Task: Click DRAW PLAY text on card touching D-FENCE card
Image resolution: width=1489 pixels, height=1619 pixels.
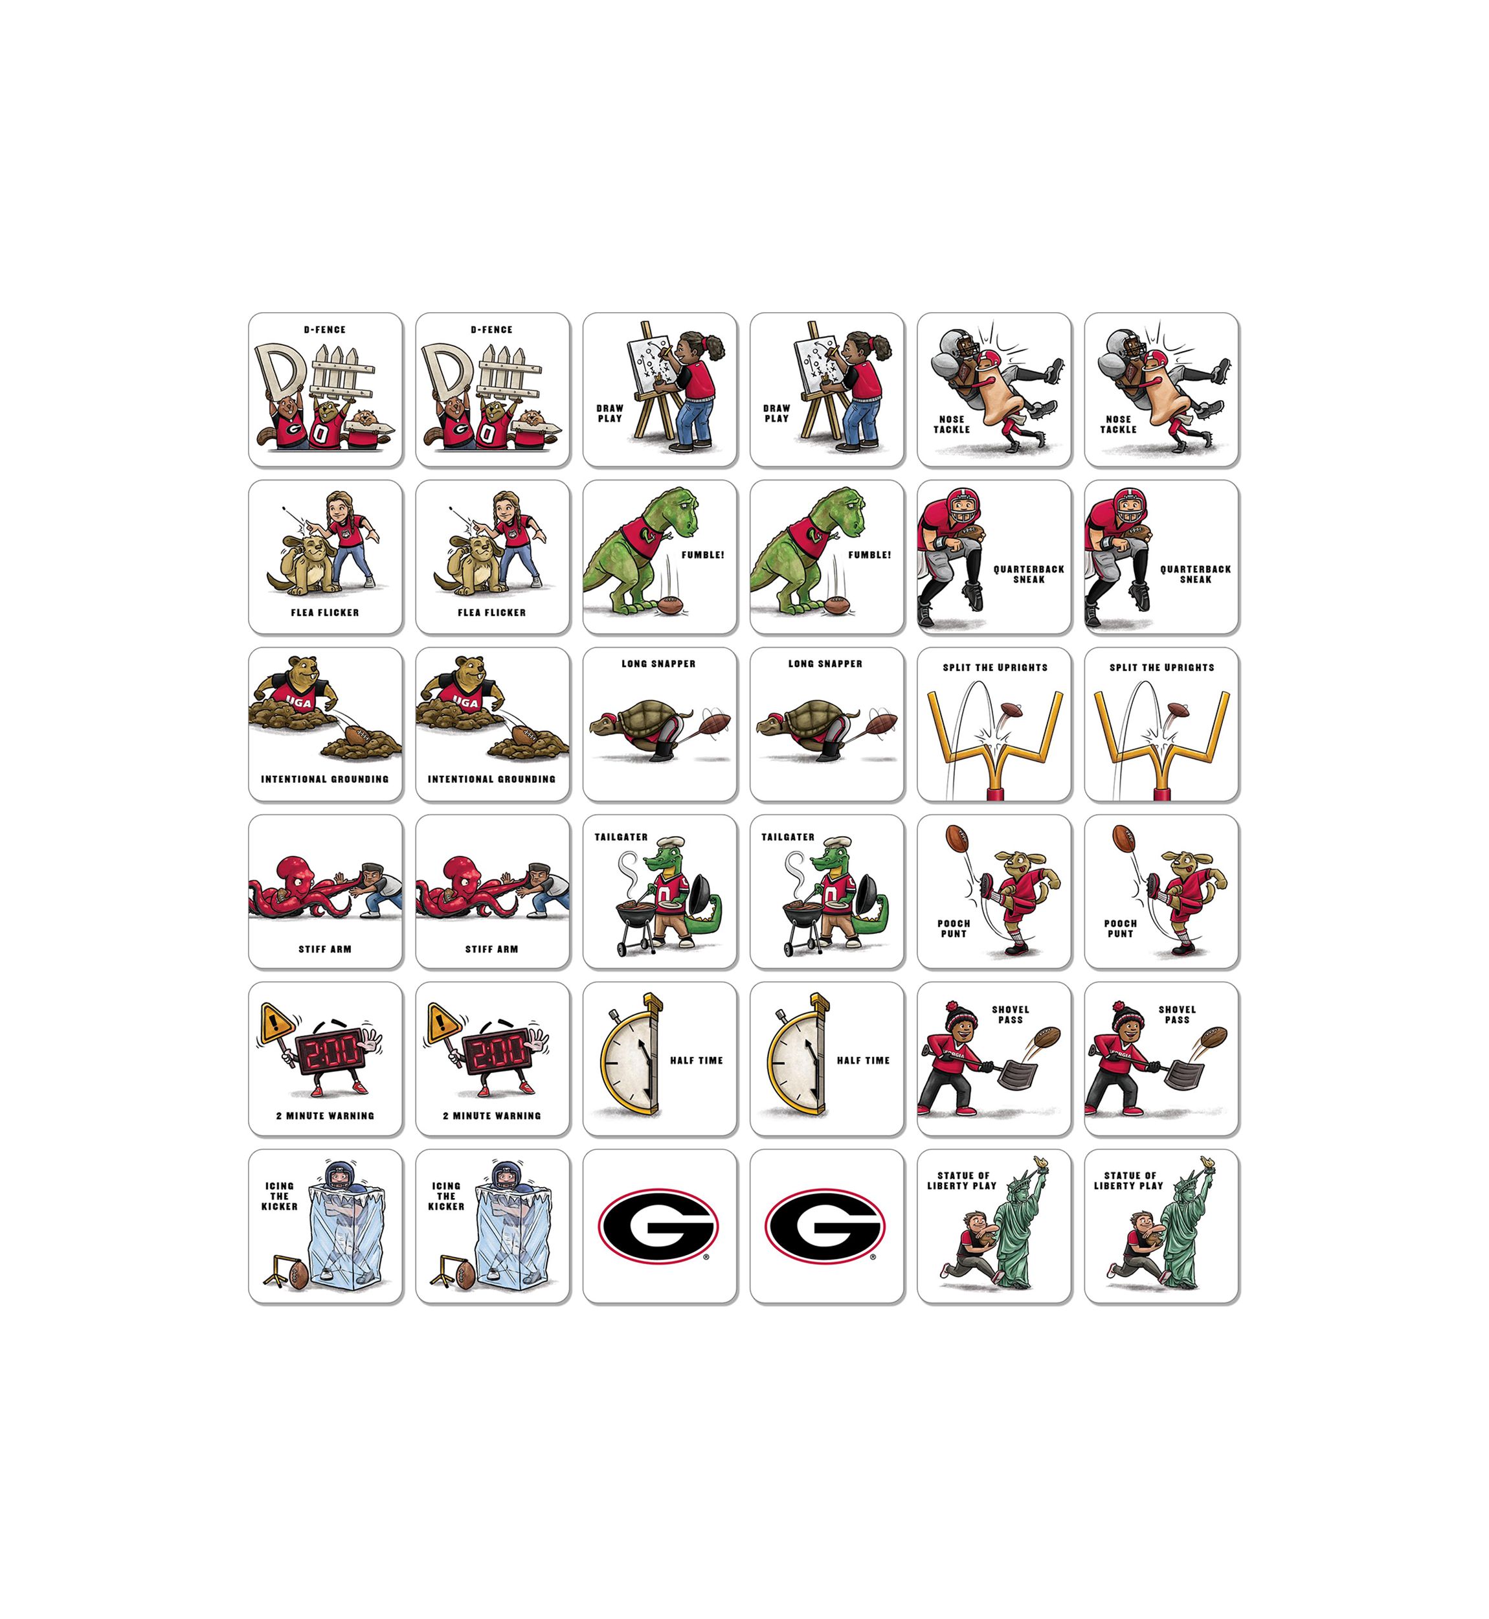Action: coord(610,413)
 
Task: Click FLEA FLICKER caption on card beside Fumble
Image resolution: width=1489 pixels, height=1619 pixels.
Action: coord(491,613)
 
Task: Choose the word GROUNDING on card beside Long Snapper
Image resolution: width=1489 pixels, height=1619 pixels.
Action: coord(524,779)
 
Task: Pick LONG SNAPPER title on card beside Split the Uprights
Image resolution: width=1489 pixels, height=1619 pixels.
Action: coord(825,664)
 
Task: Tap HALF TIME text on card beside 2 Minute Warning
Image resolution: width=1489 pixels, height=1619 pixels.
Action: coord(696,1061)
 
